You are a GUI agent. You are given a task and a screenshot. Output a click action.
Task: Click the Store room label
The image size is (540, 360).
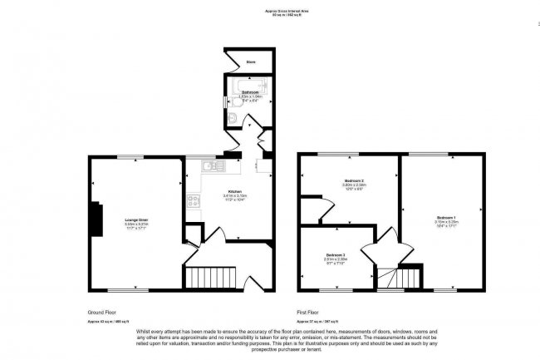[x=250, y=62]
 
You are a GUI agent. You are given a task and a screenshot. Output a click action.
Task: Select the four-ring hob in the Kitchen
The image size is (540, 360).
[x=193, y=200]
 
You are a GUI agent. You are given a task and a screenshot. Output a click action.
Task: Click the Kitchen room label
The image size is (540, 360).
[x=235, y=190]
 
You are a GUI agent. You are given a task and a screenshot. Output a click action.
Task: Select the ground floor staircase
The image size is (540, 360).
[x=211, y=276]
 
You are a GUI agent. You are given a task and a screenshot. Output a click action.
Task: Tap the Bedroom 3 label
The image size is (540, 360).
[x=335, y=254]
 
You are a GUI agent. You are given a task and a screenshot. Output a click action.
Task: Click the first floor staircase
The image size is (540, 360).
[x=398, y=276]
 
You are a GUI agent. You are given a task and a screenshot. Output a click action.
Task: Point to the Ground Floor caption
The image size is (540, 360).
[x=101, y=312]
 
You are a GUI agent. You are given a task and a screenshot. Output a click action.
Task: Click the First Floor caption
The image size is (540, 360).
[x=308, y=312]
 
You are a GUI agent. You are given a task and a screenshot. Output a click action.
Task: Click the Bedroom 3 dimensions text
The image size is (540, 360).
[x=335, y=261]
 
